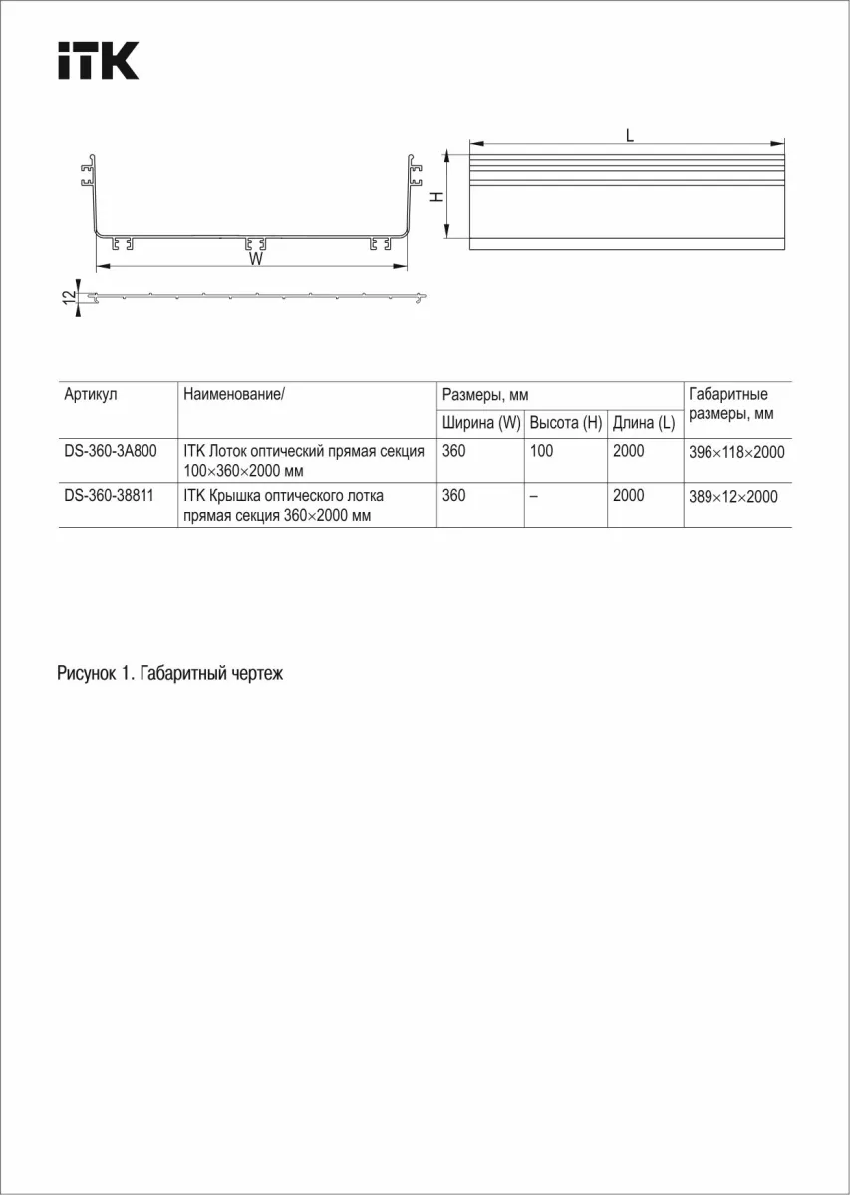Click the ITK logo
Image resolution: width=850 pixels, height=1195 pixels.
pos(97,61)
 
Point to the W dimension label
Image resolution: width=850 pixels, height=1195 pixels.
pos(256,259)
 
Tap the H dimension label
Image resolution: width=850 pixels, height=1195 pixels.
pos(436,197)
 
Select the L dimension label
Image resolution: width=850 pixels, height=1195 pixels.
pos(630,136)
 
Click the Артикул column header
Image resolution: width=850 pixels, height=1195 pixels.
pos(91,395)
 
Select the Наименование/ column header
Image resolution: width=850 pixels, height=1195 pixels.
pos(234,395)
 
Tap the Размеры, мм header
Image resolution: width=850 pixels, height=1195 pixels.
pos(484,395)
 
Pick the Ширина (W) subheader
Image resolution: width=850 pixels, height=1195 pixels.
pos(481,423)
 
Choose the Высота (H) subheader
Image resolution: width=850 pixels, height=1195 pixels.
pos(566,423)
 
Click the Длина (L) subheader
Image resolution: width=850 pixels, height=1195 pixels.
pos(644,423)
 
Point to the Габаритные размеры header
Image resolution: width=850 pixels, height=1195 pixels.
pos(728,404)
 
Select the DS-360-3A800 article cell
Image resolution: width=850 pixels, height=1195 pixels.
pos(109,451)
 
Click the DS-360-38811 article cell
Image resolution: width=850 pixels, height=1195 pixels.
pos(109,495)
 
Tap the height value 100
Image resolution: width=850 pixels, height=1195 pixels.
pos(542,451)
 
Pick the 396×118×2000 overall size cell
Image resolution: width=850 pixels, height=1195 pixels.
pos(736,452)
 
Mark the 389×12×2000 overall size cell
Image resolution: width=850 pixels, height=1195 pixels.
pos(732,496)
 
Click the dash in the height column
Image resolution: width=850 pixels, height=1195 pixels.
pos(534,496)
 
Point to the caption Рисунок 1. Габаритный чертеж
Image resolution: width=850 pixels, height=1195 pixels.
pos(170,674)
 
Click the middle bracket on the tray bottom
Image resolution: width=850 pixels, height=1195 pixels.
pos(256,244)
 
